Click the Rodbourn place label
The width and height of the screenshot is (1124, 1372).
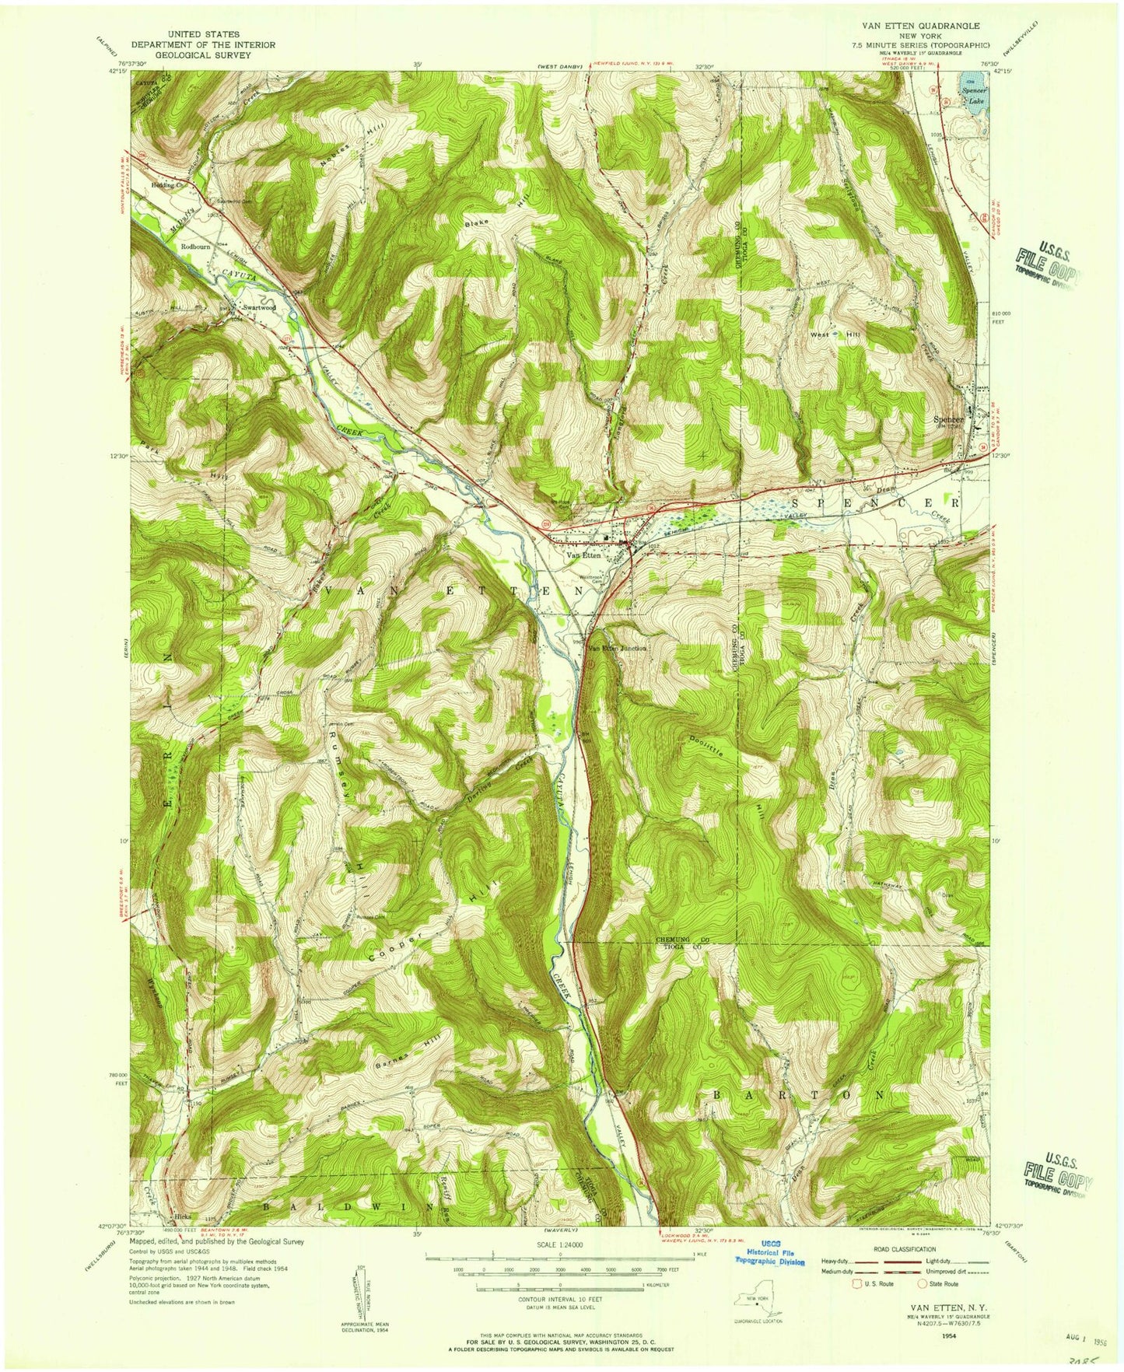(x=197, y=247)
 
